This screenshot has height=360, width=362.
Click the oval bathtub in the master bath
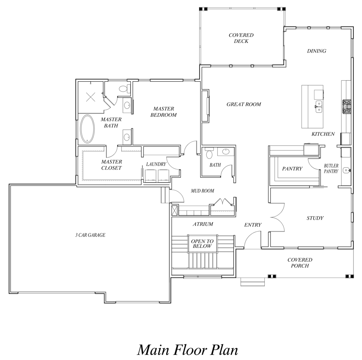click(88, 129)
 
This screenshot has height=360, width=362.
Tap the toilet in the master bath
click(124, 88)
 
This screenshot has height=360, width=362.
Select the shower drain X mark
click(90, 97)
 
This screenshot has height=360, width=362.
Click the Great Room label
click(244, 104)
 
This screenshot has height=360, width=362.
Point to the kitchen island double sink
click(319, 107)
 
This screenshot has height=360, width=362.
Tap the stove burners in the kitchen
click(347, 106)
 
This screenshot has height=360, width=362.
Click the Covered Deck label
click(241, 38)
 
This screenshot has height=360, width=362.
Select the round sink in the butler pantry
click(346, 170)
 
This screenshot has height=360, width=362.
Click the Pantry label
click(292, 168)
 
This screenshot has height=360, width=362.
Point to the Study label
click(315, 218)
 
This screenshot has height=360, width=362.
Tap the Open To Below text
click(202, 244)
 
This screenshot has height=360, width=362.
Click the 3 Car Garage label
click(90, 235)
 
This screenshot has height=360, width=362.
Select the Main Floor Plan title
click(188, 350)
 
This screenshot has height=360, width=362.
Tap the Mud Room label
click(203, 191)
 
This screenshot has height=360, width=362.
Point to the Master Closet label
click(111, 165)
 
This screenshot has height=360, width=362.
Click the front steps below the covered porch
click(252, 282)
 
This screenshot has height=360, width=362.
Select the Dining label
click(316, 51)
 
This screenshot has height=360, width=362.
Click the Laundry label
click(156, 164)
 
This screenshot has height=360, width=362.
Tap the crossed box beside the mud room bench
click(175, 210)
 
